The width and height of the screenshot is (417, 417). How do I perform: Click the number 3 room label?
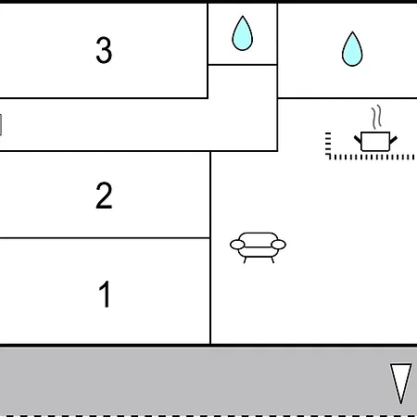[104, 50]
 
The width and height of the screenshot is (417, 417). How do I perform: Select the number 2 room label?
[104, 196]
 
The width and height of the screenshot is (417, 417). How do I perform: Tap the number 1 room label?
[105, 294]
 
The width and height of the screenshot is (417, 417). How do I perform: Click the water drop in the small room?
[243, 33]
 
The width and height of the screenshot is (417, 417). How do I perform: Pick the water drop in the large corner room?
[352, 49]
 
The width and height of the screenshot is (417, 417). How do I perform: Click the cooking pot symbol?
[375, 142]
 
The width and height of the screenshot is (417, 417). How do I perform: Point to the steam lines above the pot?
[376, 117]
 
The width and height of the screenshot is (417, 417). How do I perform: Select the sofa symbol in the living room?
[258, 247]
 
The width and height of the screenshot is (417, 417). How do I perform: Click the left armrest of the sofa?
[237, 245]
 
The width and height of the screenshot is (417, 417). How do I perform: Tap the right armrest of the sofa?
[278, 245]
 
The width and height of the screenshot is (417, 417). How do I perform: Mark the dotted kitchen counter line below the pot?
[371, 158]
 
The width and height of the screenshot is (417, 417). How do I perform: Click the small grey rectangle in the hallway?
[1, 125]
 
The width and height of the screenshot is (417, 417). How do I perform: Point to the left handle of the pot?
[358, 140]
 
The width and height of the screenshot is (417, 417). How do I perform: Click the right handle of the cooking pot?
[393, 140]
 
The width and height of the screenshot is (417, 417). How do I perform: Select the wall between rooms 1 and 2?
[105, 238]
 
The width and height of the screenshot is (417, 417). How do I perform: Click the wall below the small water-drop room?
[243, 65]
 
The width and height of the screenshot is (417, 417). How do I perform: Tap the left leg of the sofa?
[245, 260]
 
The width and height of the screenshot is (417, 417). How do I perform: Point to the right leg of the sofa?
[272, 260]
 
